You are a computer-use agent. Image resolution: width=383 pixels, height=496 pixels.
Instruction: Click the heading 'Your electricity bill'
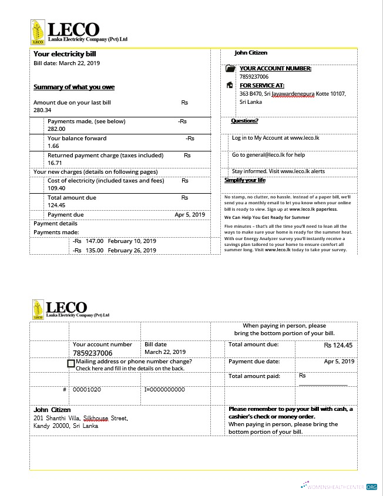tap(64, 54)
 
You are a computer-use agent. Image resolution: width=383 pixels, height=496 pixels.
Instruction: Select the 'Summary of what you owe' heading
tap(74, 87)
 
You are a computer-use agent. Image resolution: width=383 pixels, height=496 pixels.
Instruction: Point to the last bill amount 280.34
tap(42, 110)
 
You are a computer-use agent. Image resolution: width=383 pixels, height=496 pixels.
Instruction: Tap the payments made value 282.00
tap(56, 129)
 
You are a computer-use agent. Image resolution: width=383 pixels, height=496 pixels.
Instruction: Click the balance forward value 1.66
tap(53, 146)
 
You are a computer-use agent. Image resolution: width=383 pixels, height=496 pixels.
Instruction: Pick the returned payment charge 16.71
tap(55, 163)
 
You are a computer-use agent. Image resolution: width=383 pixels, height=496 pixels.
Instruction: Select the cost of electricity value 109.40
tap(56, 188)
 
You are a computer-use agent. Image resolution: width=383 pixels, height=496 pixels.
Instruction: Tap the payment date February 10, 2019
tap(132, 241)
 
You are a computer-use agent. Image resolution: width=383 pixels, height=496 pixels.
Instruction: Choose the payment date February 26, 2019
tap(132, 250)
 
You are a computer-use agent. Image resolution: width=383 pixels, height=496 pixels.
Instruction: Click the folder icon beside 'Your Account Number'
tap(230, 69)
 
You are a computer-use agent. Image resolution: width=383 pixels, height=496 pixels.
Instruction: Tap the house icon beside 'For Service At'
tap(230, 85)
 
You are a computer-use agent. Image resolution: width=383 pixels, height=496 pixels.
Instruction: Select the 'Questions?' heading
tap(244, 122)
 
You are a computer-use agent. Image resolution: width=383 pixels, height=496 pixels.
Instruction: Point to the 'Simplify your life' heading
tap(245, 180)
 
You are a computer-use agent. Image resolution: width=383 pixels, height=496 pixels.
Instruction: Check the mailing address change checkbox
tap(71, 364)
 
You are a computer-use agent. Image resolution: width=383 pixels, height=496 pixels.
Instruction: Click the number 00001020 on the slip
tap(86, 389)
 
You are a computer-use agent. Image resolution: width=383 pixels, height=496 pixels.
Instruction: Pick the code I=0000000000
tap(164, 389)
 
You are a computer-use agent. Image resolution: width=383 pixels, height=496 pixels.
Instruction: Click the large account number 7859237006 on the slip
tap(93, 353)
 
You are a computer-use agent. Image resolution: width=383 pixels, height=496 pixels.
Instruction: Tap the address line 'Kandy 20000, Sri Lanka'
tap(66, 426)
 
